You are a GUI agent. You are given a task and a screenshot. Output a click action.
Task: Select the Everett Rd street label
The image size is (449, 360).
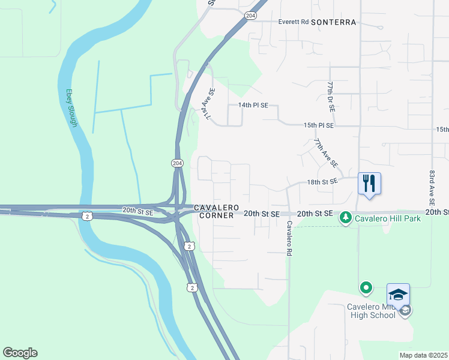(293, 22)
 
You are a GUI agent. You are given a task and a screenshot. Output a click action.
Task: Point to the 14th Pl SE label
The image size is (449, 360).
(253, 105)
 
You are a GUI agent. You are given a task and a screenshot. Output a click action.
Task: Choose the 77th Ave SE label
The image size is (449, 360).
(326, 153)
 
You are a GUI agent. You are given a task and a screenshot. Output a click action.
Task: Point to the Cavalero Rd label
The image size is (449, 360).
(289, 239)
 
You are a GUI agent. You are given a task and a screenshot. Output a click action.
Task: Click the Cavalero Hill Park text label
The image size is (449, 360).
(387, 218)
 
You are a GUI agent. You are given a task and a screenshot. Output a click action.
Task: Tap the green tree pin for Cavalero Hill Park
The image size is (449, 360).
(345, 217)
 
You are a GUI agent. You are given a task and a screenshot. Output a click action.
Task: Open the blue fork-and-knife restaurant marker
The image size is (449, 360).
(369, 182)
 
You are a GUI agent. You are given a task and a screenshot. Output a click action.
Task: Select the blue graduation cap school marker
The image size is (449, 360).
(398, 295)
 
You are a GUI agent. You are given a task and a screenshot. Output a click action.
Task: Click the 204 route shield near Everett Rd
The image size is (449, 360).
(251, 15)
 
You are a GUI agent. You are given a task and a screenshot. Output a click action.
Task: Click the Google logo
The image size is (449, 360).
(20, 353)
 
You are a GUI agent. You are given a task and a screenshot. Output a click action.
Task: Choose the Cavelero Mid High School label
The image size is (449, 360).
(371, 311)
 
